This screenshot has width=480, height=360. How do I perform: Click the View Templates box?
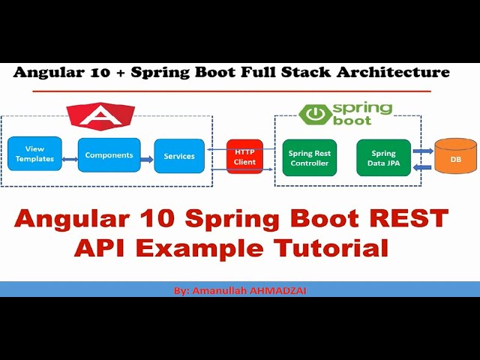point(34,154)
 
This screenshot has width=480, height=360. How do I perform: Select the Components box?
point(109,155)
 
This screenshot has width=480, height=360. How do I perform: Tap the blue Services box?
point(179,156)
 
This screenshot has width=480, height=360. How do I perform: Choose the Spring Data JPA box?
point(383,157)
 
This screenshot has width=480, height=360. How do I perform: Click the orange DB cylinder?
point(455,158)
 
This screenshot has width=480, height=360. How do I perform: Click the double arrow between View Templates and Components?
point(70,158)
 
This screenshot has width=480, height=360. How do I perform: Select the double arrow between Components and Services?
point(147,157)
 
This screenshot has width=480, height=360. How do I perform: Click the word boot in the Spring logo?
point(352,121)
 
